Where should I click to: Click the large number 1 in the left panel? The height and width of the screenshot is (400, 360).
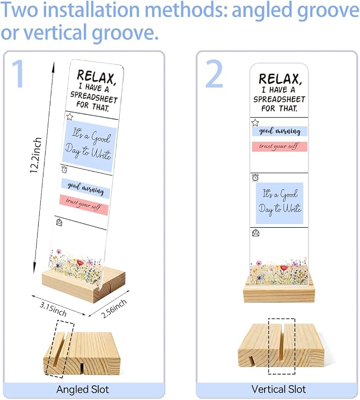coord(19,74)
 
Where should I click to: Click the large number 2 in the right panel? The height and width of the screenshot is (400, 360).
coord(214,74)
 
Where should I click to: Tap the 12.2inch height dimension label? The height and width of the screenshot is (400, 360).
coord(36,155)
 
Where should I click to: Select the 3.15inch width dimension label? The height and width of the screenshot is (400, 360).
coord(53,309)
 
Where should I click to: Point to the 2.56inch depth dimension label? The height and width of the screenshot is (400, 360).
coord(114,308)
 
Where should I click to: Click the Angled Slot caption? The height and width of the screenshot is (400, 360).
coord(83,389)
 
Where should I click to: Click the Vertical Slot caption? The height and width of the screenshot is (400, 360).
coord(278,389)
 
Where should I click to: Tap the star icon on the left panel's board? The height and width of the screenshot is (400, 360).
coord(69,117)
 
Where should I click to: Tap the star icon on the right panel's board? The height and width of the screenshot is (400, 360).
coord(255,122)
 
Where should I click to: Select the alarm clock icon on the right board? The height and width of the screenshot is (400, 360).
coord(256,177)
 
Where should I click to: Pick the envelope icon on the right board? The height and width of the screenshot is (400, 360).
coord(256,233)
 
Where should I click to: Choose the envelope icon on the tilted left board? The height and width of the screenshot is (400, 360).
coord(59,222)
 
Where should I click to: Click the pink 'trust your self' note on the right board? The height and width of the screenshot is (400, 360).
coord(279,146)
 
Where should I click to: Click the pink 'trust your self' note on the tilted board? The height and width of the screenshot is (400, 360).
coord(84,205)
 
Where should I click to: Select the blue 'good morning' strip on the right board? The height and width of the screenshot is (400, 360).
coord(279,131)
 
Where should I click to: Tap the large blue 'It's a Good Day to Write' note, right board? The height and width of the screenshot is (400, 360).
coord(279,203)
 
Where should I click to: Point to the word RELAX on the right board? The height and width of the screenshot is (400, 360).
coord(280,78)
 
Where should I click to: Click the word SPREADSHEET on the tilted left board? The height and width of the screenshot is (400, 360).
coord(94,97)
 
